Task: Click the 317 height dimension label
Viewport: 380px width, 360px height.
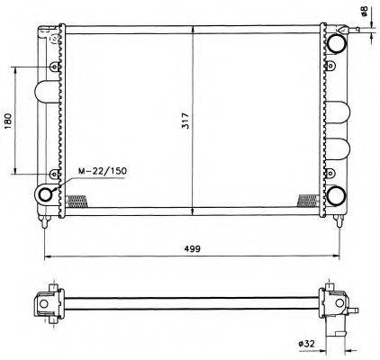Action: (x=186, y=121)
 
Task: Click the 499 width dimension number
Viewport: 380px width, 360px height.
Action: (x=193, y=248)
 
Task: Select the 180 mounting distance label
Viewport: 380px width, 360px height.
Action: (x=8, y=121)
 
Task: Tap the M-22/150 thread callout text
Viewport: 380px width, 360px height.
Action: (x=103, y=171)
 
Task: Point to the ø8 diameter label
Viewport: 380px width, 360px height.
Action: (x=364, y=11)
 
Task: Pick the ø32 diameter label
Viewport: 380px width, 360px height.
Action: (x=306, y=344)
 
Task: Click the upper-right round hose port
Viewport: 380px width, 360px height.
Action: (x=336, y=43)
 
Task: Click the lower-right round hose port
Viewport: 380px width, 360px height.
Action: (x=336, y=195)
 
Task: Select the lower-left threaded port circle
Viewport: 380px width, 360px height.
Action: (x=45, y=194)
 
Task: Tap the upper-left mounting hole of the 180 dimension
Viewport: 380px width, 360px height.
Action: (x=55, y=67)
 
